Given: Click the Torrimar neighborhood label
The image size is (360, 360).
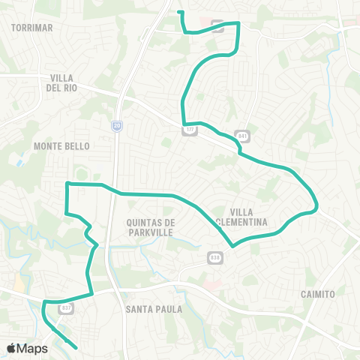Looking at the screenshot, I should [x=32, y=27].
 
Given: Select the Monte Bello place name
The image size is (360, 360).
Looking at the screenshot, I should [x=61, y=146].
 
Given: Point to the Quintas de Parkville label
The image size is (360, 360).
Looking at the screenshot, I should [x=150, y=227].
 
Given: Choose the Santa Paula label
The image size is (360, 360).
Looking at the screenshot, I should [x=148, y=309].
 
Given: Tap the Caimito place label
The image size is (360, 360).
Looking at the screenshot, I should [x=316, y=294].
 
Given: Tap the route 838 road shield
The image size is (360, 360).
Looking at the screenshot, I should [x=214, y=257].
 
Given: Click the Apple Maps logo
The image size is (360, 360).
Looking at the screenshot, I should [x=27, y=348].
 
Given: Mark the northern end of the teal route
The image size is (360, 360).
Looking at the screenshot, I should [x=178, y=12].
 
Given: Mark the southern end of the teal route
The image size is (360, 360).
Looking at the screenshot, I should [x=77, y=347].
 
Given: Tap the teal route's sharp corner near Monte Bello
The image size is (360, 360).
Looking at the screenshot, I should [x=67, y=184].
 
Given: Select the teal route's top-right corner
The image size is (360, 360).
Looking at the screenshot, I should [x=238, y=23].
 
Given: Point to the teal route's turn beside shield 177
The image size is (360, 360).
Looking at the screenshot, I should [x=184, y=124].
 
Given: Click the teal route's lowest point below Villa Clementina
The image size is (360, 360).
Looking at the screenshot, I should [x=234, y=245].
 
